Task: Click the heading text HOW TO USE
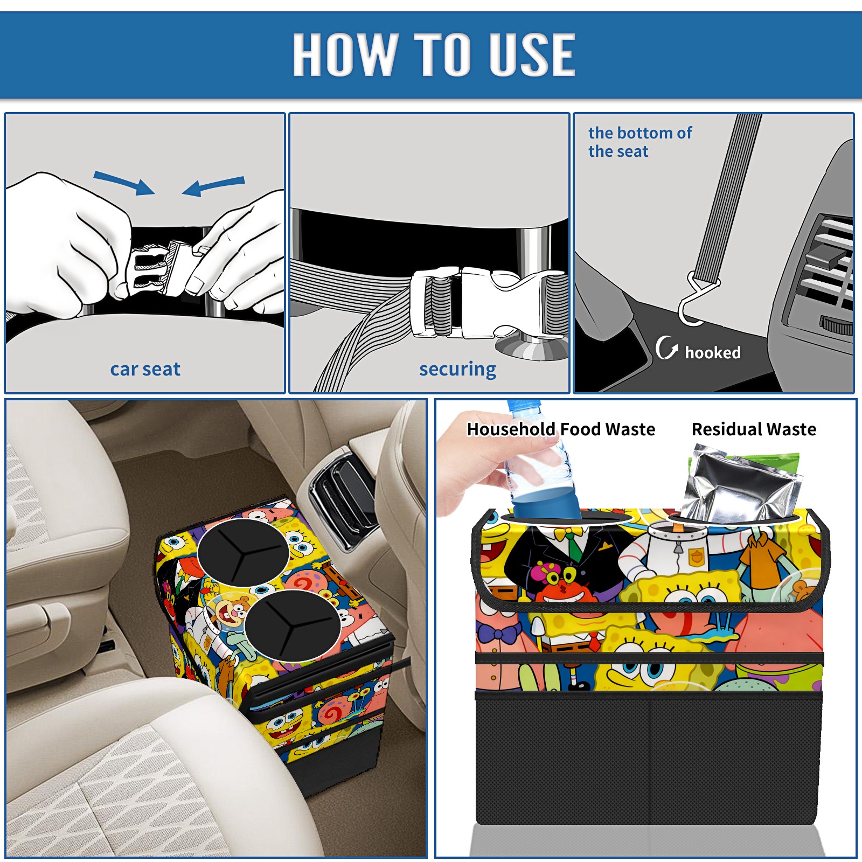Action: pos(434,54)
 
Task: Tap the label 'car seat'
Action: pos(145,369)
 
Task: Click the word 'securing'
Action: pos(457,369)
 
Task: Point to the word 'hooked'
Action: pos(713,352)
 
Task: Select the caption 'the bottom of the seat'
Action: pos(640,142)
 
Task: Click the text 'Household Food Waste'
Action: pos(561,429)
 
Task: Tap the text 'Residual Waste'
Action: pos(754,429)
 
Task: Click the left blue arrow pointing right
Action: pos(124,183)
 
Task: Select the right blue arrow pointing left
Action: pos(213,186)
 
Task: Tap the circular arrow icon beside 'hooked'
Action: pos(666,347)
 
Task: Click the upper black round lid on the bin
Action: pos(243,552)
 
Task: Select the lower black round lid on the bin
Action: pos(293,625)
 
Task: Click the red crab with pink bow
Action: pos(560,585)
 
